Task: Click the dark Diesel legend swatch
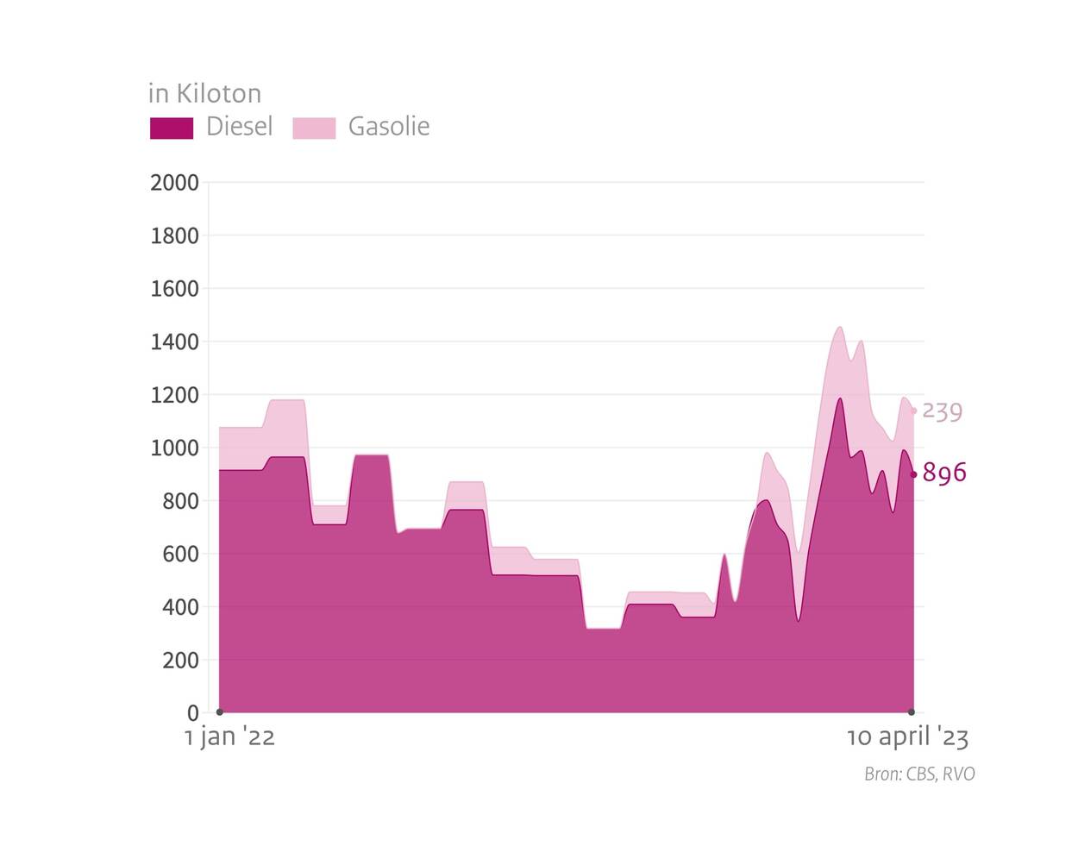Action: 172,128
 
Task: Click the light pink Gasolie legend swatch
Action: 314,128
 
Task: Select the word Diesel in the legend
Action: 239,127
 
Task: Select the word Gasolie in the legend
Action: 388,127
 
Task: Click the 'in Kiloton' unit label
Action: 204,93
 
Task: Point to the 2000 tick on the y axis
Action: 174,183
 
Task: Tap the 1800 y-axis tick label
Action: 174,235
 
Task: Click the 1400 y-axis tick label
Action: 174,342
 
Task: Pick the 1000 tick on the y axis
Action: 174,448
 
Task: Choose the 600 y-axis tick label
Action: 180,555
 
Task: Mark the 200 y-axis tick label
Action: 180,661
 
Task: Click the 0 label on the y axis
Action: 193,713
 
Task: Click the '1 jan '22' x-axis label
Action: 229,737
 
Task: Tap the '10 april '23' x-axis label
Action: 907,737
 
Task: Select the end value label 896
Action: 944,473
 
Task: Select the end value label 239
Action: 943,411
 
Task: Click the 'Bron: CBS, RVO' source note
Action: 919,774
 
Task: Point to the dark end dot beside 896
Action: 914,474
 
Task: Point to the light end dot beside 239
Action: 914,411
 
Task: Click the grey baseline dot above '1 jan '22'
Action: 220,712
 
